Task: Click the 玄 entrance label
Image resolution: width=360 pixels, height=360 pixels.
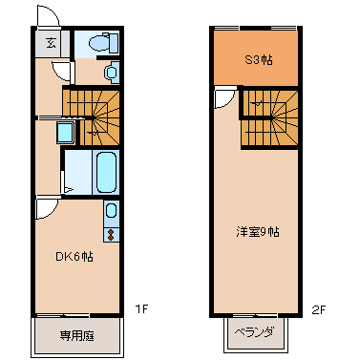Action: click(50, 42)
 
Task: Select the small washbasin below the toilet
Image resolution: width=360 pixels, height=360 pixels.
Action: click(111, 72)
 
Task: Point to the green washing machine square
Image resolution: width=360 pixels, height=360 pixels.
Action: click(65, 132)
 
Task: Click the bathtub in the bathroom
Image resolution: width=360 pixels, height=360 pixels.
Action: click(107, 172)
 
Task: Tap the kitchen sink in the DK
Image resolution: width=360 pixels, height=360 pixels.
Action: click(112, 211)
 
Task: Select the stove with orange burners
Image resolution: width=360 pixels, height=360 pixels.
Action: click(112, 232)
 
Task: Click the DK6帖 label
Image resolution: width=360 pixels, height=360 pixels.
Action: click(73, 256)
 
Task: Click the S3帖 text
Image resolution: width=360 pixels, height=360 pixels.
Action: click(258, 59)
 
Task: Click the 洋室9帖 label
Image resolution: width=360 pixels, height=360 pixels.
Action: click(258, 231)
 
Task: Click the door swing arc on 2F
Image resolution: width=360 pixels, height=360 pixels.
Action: click(223, 98)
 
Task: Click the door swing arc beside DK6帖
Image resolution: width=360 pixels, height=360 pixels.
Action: click(46, 208)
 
